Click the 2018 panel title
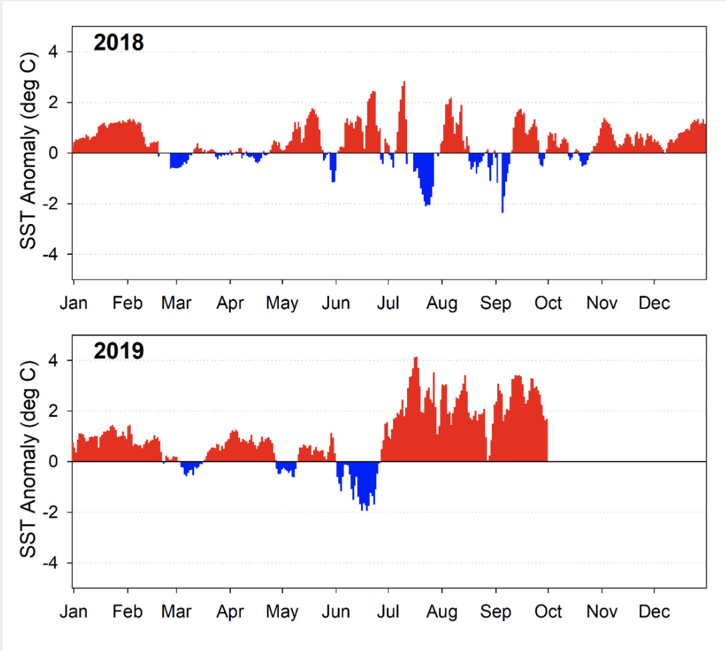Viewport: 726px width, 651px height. pos(119,43)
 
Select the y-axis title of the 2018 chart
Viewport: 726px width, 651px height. pos(28,153)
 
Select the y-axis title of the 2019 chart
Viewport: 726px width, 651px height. pos(28,462)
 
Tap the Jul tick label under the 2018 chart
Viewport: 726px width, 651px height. pos(388,303)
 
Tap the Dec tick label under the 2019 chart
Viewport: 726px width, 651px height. pos(654,611)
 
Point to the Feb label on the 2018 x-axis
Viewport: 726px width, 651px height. pos(127,303)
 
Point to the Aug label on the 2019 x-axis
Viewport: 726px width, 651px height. pos(442,611)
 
